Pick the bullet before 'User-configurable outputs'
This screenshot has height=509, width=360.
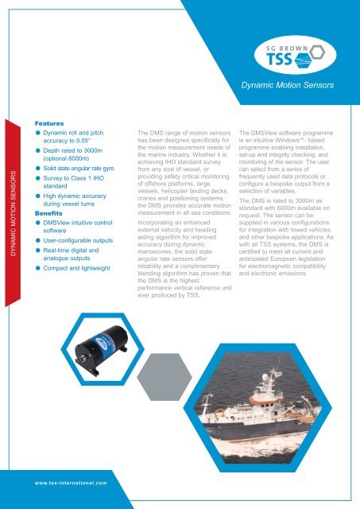37,239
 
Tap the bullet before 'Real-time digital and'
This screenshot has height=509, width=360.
37,250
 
